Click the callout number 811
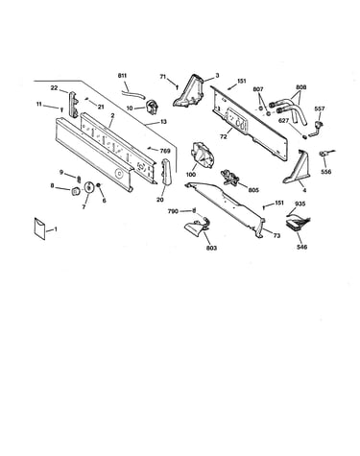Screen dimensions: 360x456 pyautogui.click(x=122, y=76)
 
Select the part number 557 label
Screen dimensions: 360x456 pyautogui.click(x=320, y=108)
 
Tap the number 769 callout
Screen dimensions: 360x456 pyautogui.click(x=165, y=151)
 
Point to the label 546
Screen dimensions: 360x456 pyautogui.click(x=301, y=247)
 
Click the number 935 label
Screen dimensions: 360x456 pyautogui.click(x=300, y=204)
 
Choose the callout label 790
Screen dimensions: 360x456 pyautogui.click(x=173, y=211)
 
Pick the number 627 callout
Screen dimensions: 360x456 pyautogui.click(x=283, y=121)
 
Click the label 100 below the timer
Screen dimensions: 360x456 pyautogui.click(x=191, y=175)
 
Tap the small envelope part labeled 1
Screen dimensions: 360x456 pyautogui.click(x=39, y=228)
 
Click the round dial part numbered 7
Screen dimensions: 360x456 pyautogui.click(x=88, y=187)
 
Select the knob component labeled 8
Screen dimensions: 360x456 pyautogui.click(x=76, y=191)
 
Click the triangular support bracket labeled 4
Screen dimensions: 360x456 pyautogui.click(x=297, y=167)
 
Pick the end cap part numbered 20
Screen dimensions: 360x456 pyautogui.click(x=167, y=172)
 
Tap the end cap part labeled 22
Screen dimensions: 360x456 pyautogui.click(x=74, y=103)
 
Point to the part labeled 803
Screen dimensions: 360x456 pyautogui.click(x=198, y=226)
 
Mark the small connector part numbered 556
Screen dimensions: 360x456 pyautogui.click(x=325, y=154)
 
